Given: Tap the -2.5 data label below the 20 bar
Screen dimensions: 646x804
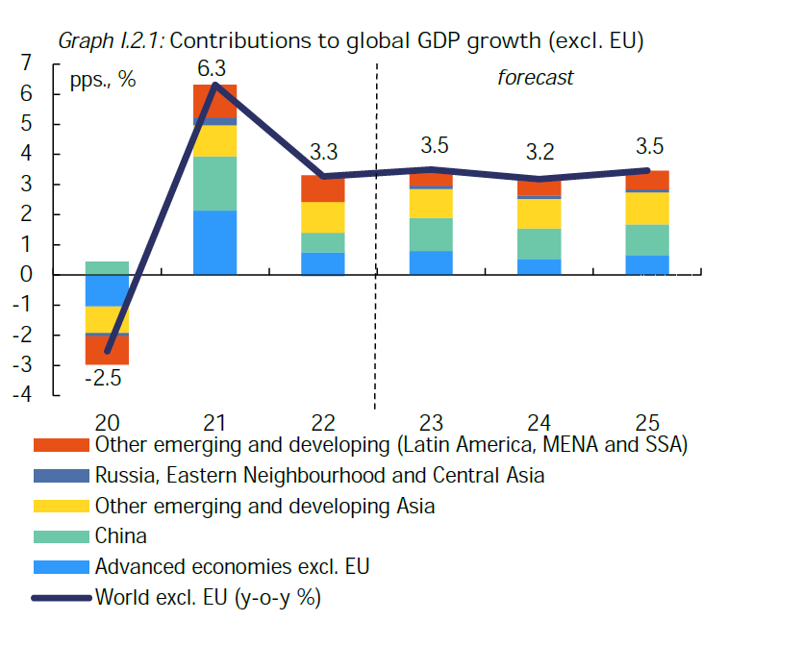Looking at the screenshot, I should (102, 378).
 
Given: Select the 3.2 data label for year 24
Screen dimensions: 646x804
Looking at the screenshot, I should (539, 152).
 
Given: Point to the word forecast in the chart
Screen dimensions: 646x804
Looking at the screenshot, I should (535, 78).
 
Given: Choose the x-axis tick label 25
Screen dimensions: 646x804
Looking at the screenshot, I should (647, 422).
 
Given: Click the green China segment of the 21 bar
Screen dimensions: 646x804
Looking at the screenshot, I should (214, 184).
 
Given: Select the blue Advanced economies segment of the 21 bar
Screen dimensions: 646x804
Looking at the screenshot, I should (214, 242).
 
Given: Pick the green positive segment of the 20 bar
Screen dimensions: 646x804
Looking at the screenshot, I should (107, 268).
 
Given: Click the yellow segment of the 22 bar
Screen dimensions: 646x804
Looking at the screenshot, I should (322, 217).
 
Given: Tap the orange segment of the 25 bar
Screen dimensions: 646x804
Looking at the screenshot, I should (647, 181).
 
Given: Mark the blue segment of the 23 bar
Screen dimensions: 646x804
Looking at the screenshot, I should (431, 262).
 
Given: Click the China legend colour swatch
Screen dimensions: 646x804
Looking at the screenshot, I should (63, 536).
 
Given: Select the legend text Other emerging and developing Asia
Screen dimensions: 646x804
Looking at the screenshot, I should (264, 506).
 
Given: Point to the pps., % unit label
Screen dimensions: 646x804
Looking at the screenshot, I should (103, 80).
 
